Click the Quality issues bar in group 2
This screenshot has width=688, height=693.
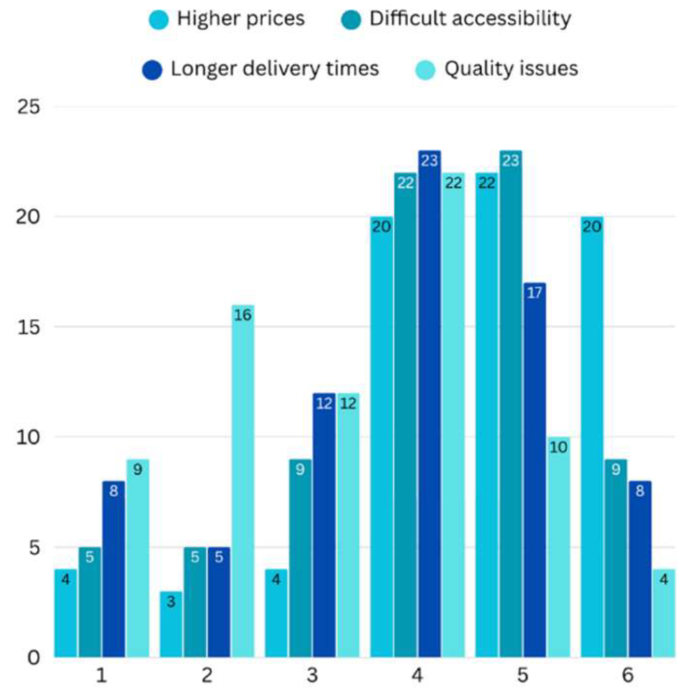tap(243, 481)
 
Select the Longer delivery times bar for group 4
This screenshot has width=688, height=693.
tap(429, 404)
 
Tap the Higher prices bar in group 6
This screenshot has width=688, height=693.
tap(592, 437)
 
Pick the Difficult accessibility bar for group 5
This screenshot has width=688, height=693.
tap(511, 404)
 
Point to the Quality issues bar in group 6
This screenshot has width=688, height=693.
tap(664, 613)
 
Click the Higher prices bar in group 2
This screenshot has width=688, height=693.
tap(171, 624)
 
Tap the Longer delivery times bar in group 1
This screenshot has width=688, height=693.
tap(113, 569)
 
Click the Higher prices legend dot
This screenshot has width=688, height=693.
tap(159, 20)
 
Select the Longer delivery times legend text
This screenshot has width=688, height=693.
tap(275, 69)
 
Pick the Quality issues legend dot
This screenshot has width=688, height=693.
tap(425, 70)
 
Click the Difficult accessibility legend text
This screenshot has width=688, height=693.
tap(470, 19)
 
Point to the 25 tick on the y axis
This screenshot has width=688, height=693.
tap(28, 107)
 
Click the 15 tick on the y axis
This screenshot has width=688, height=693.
tap(28, 327)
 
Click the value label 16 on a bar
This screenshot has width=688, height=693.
tap(242, 315)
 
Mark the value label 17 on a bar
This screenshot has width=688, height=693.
tap(535, 293)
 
